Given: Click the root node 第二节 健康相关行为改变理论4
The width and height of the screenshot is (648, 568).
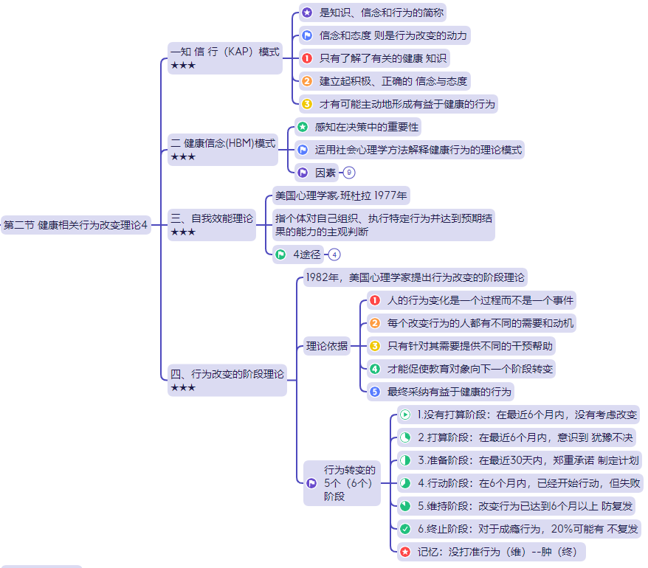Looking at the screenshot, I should click(x=76, y=225).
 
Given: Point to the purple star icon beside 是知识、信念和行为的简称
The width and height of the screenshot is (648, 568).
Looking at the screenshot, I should click(x=307, y=13).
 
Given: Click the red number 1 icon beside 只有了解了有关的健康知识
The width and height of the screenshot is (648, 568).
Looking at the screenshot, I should click(x=307, y=58).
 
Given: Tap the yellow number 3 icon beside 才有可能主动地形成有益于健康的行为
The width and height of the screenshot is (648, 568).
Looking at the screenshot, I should click(x=307, y=104).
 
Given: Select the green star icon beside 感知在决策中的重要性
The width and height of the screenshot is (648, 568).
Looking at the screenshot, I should click(x=303, y=127).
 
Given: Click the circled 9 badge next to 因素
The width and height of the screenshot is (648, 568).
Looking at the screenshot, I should click(x=349, y=173).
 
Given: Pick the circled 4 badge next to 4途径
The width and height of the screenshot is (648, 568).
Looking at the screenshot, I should click(x=334, y=254).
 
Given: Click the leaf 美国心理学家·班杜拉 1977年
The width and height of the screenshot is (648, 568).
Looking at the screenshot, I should click(x=340, y=195).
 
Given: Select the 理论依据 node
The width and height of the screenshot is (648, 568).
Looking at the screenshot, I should click(x=327, y=345).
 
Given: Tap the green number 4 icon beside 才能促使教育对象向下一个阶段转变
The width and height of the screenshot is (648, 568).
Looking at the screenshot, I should click(x=375, y=368).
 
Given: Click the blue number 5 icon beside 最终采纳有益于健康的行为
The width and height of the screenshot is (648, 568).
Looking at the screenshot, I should click(x=375, y=391).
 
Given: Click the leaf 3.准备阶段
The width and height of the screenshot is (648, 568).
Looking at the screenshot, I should click(x=517, y=460).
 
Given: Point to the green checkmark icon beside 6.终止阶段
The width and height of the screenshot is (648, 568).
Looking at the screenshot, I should click(x=405, y=529).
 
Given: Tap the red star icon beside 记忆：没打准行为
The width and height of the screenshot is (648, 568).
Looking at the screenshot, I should click(x=405, y=551).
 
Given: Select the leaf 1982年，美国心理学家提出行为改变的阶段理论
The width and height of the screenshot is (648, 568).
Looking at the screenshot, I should click(x=415, y=278).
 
